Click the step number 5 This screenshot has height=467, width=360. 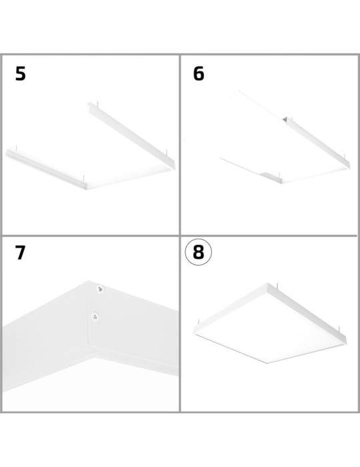pyautogui.click(x=21, y=74)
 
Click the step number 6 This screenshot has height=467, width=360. pyautogui.click(x=199, y=74)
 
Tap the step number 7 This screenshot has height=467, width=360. pyautogui.click(x=21, y=254)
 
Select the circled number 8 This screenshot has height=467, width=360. pyautogui.click(x=198, y=254)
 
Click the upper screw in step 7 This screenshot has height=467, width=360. pyautogui.click(x=99, y=289)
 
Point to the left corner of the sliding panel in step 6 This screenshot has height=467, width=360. pyautogui.click(x=219, y=160)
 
